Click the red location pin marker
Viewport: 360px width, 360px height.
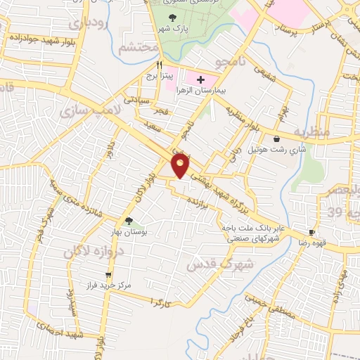coord(181,165)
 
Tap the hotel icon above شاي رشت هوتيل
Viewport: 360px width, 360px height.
coord(285,139)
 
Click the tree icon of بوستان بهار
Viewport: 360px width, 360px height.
coord(128,220)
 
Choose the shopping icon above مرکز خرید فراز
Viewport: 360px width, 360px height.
coord(108,275)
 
